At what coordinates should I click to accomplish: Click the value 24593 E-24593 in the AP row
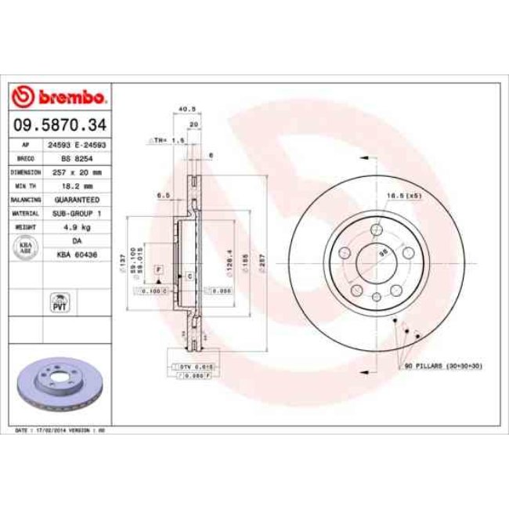pyautogui.click(x=77, y=145)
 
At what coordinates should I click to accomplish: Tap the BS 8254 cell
pyautogui.click(x=77, y=157)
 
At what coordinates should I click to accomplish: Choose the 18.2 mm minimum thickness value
pyautogui.click(x=77, y=186)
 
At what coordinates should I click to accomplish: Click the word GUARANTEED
pyautogui.click(x=77, y=200)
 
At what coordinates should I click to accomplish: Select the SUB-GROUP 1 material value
pyautogui.click(x=77, y=213)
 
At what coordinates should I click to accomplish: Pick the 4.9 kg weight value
pyautogui.click(x=77, y=226)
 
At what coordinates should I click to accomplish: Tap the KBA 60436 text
pyautogui.click(x=77, y=254)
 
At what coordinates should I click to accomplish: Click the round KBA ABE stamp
pyautogui.click(x=25, y=247)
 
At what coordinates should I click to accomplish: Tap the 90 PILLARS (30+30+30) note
pyautogui.click(x=442, y=366)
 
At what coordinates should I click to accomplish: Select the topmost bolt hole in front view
pyautogui.click(x=377, y=229)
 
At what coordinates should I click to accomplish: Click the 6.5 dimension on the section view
pyautogui.click(x=163, y=195)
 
